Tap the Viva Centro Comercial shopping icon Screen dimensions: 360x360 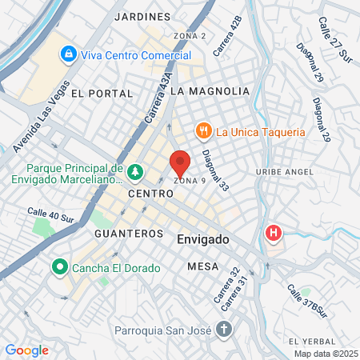point(69,54)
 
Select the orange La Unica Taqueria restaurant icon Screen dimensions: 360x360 point(204,131)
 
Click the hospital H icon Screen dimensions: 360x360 point(274,234)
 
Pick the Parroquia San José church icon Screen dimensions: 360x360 point(224,328)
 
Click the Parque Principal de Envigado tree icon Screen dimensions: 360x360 point(136,170)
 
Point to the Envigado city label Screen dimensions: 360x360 point(202,239)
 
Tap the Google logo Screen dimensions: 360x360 point(27,350)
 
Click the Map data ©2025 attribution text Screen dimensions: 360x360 point(325,354)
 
